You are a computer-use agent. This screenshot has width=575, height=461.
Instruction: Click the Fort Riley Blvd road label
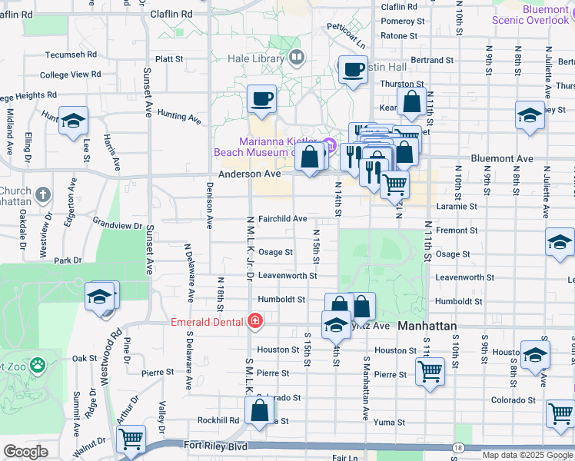click(215, 445)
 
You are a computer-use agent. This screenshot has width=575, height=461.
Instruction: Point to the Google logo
click(25, 452)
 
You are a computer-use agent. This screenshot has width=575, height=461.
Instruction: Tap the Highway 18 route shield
click(458, 447)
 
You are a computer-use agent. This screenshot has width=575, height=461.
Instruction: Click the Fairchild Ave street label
click(282, 219)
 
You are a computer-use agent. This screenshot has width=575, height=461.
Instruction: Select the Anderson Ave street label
click(249, 174)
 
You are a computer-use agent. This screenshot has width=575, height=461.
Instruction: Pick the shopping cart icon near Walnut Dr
click(131, 439)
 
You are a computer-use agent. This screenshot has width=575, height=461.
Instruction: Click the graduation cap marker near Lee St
click(73, 121)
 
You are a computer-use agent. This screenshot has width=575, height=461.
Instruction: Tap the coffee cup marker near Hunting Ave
click(261, 99)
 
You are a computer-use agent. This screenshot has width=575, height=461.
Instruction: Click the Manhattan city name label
click(428, 327)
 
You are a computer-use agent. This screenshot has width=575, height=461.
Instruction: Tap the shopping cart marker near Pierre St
click(430, 371)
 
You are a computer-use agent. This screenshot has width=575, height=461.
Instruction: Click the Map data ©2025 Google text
click(527, 455)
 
